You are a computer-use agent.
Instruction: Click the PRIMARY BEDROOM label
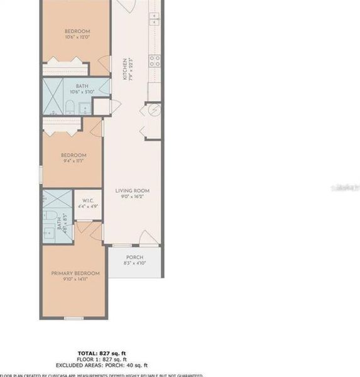[x=75, y=273]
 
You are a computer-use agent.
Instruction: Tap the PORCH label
[x=134, y=258]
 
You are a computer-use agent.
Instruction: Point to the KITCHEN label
[x=125, y=69]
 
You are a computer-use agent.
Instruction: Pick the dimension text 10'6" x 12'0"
[x=77, y=38]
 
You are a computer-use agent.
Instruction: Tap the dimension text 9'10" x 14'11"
[x=75, y=280]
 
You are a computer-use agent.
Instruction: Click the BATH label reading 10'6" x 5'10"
[x=82, y=87]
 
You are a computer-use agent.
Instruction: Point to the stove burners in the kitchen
[x=154, y=60]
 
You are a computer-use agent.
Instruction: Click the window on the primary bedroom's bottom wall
[x=74, y=317]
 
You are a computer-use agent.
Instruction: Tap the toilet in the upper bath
[x=70, y=106]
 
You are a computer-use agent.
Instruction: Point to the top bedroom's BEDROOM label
[x=77, y=31]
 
